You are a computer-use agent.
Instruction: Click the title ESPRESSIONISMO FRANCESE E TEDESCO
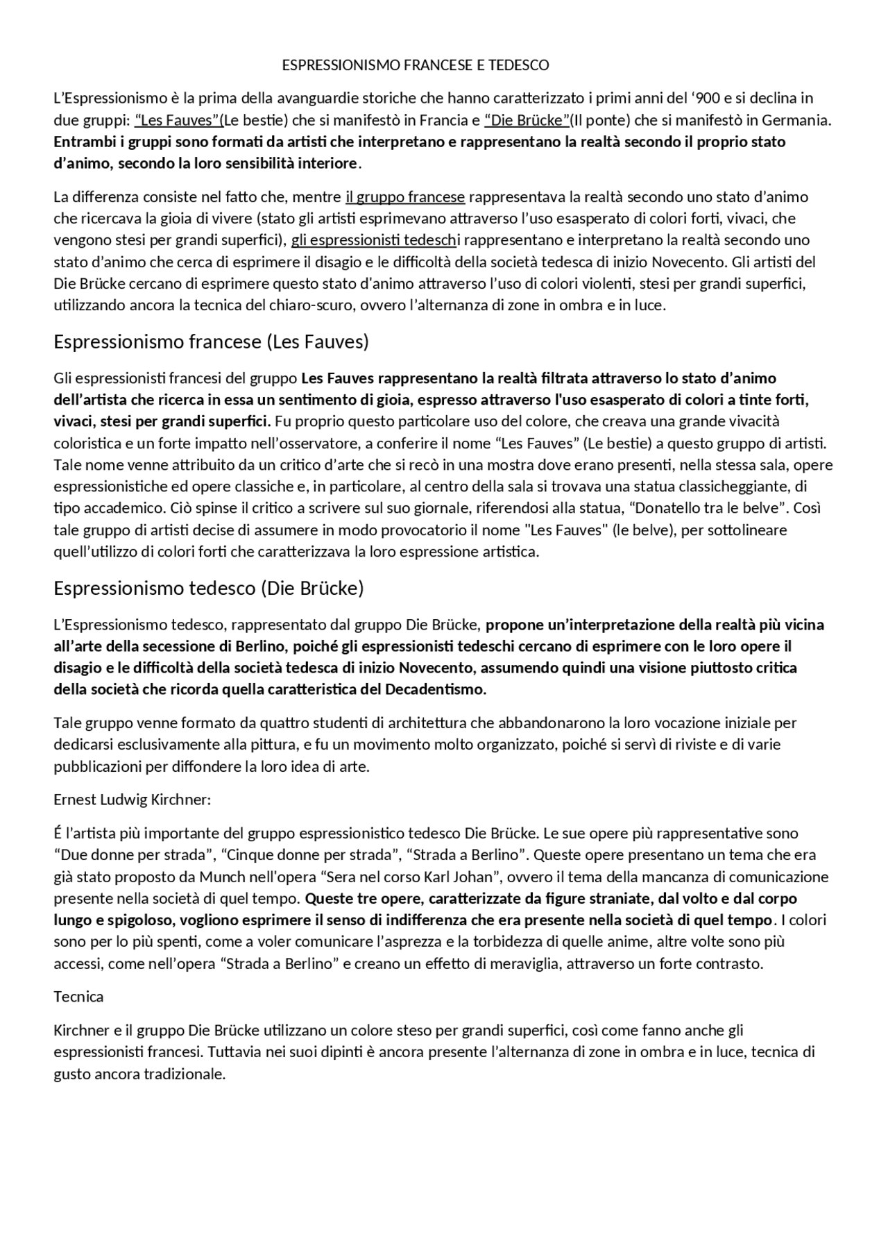click(415, 65)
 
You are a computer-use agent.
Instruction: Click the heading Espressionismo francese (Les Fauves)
click(211, 341)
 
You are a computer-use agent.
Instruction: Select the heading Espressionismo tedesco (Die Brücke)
click(208, 588)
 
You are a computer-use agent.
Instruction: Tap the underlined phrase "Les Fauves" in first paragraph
click(178, 120)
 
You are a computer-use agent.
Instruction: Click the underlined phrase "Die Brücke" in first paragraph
click(527, 120)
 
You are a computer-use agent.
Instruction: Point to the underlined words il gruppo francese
click(404, 196)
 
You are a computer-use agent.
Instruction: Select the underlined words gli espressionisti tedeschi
click(374, 240)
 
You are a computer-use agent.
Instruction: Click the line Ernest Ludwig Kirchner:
click(132, 800)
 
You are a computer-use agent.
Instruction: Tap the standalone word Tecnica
click(78, 997)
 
